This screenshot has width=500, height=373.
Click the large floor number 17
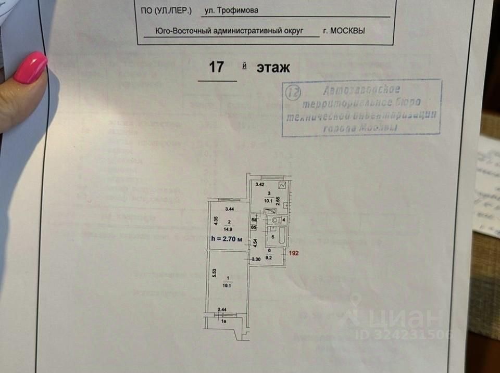click(x=217, y=67)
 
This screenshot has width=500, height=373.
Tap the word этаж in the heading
click(x=272, y=68)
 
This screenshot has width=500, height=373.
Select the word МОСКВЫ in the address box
click(x=344, y=31)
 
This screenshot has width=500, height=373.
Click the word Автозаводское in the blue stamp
click(x=361, y=89)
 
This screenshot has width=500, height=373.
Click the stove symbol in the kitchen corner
click(x=282, y=185)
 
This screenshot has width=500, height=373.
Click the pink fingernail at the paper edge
click(x=30, y=67)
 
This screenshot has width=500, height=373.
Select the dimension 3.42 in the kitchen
click(x=259, y=185)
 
